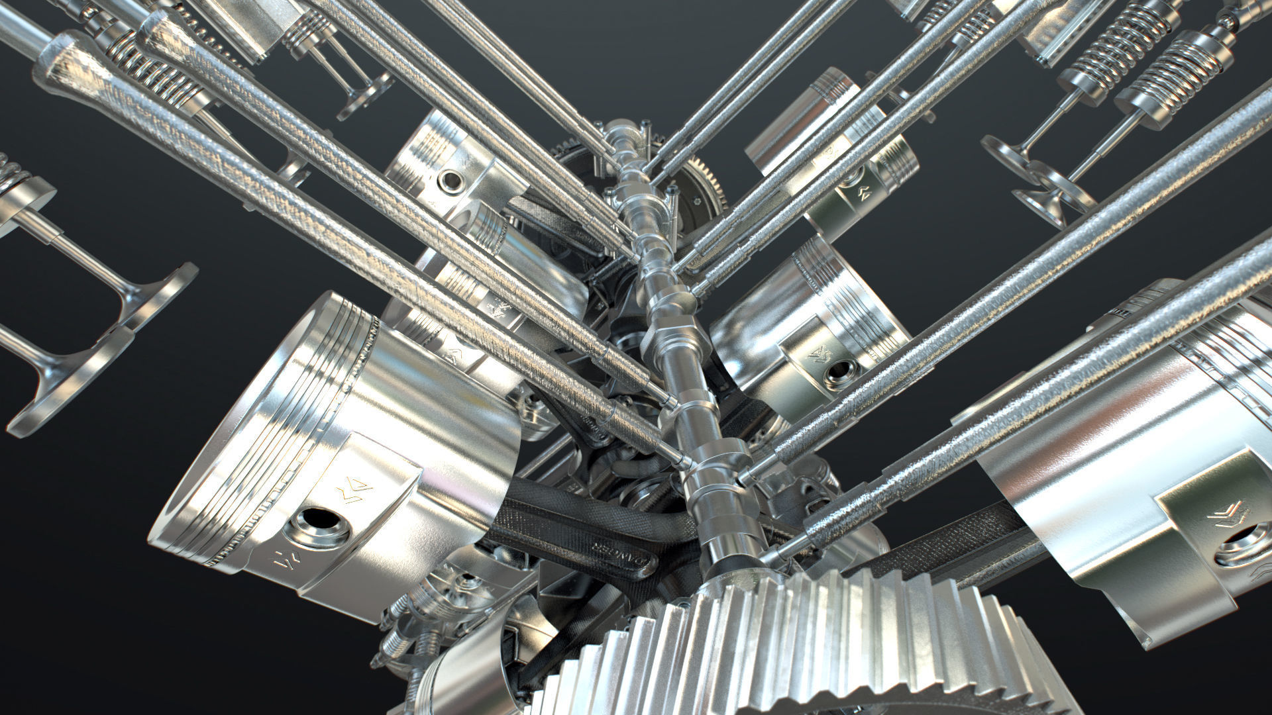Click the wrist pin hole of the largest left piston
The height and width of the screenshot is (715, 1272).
pyautogui.click(x=321, y=526)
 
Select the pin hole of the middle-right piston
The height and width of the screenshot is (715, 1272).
pyautogui.click(x=837, y=373)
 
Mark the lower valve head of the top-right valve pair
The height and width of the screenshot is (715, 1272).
pyautogui.click(x=1047, y=196)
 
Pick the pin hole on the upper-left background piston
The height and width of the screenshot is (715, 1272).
pyautogui.click(x=452, y=180)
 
